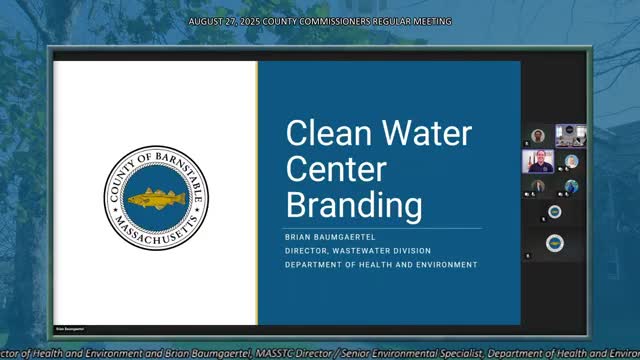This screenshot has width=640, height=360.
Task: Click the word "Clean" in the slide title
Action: point(316,134)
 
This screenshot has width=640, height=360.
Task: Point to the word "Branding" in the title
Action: point(338,205)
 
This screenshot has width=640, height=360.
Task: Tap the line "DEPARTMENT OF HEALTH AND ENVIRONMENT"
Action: point(381,264)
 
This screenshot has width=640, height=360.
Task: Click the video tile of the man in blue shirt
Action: point(538,160)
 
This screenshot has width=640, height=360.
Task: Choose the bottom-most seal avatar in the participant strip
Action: point(554,243)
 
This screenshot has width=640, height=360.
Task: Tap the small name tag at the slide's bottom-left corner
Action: point(68,326)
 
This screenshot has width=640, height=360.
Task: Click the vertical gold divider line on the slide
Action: point(257,192)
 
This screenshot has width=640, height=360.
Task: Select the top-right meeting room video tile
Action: point(570,136)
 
